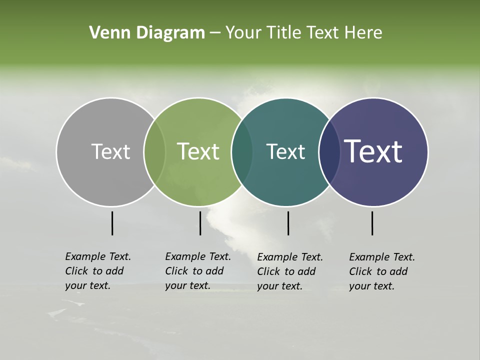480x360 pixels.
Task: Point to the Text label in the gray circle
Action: tap(110, 151)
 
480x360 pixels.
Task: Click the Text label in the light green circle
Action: tap(198, 151)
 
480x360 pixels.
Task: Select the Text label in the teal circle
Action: tap(285, 151)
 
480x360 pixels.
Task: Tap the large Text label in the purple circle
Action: tap(373, 151)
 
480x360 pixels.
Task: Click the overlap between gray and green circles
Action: tap(154, 152)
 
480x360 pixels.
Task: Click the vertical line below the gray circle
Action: tap(112, 223)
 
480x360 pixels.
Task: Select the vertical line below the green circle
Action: tap(200, 223)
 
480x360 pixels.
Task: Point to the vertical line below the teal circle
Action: tap(288, 223)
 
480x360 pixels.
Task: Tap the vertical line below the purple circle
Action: tap(372, 223)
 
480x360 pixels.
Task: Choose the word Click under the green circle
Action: tap(176, 271)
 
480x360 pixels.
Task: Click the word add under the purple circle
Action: tap(398, 271)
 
